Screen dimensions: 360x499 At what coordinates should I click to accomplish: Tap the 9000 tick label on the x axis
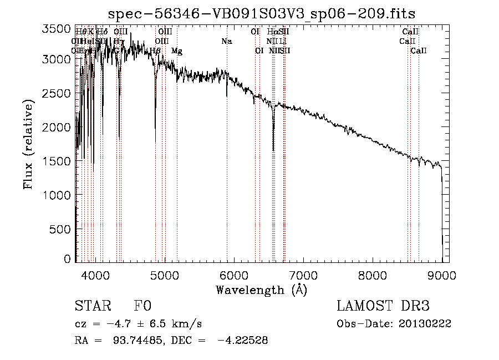(x=442, y=275)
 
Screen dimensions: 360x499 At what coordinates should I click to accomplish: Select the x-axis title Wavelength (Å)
(x=261, y=290)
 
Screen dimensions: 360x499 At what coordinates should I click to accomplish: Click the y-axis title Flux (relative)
(x=28, y=144)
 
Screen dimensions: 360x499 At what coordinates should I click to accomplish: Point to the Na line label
(x=226, y=42)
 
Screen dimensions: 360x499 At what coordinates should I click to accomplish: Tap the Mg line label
(x=176, y=51)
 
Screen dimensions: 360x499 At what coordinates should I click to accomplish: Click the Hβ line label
(x=156, y=51)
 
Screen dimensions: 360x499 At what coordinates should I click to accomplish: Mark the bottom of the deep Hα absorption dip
(x=273, y=150)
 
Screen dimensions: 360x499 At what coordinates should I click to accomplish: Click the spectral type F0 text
(x=142, y=307)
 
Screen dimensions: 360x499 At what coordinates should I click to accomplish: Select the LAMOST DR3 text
(x=383, y=307)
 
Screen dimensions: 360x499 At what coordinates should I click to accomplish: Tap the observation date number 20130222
(x=424, y=324)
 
